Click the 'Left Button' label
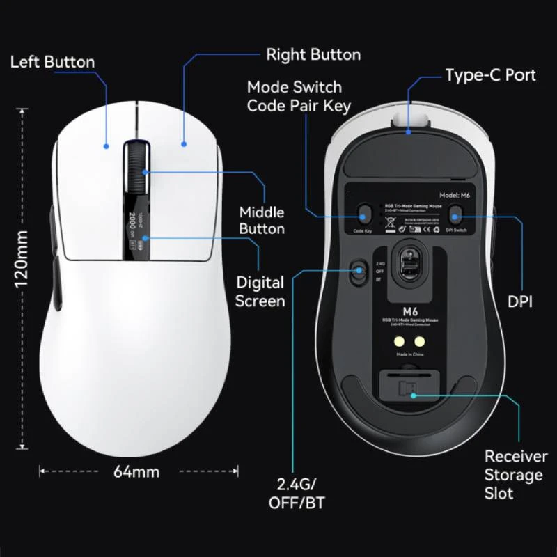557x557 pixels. coord(52,62)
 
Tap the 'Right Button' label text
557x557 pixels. coord(313,54)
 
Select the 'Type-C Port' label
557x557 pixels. coord(491,74)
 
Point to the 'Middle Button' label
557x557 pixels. coord(262,220)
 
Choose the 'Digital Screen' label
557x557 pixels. coord(260,292)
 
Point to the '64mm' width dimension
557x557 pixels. coord(136,471)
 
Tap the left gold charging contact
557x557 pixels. coord(399,342)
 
